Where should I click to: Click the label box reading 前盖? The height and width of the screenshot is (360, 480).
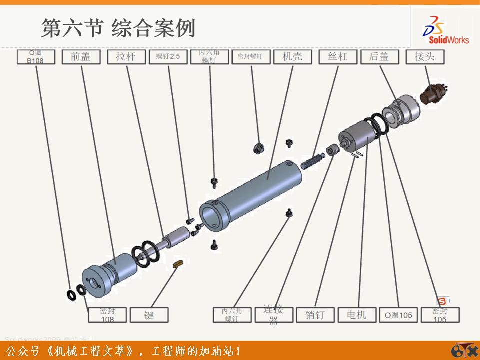[80, 57]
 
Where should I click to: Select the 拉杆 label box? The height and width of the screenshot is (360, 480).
[126, 57]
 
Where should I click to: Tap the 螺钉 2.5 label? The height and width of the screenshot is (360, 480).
[168, 57]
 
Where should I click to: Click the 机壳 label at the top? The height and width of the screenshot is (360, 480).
[292, 56]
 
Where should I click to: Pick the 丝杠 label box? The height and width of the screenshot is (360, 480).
[337, 57]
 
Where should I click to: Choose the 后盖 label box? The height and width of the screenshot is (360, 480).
[379, 57]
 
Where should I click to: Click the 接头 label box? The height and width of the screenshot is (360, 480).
[425, 57]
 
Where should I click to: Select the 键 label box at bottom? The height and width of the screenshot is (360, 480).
[149, 315]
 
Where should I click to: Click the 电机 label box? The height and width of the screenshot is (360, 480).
[356, 315]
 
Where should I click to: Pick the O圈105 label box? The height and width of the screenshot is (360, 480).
[398, 315]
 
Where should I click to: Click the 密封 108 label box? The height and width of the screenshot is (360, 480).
[107, 315]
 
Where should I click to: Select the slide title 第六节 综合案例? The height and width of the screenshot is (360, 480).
[118, 28]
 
